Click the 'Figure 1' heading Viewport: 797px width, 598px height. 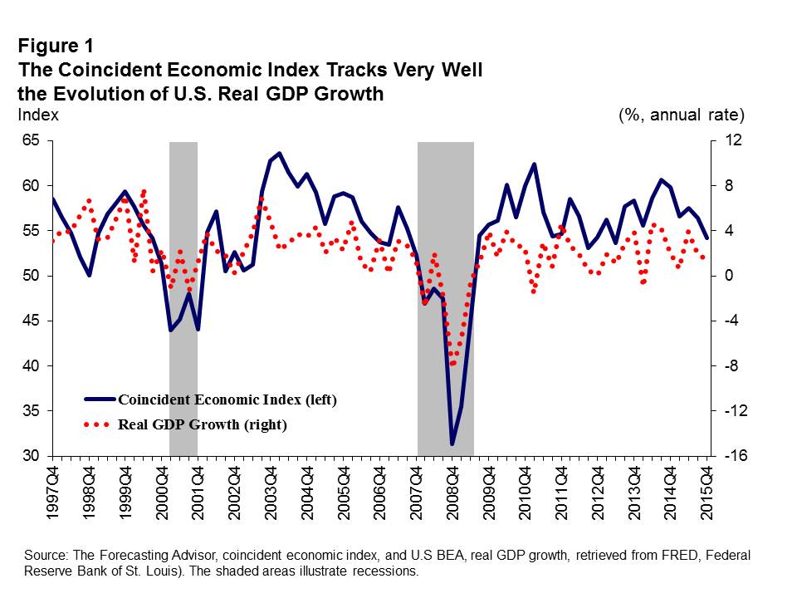(56, 46)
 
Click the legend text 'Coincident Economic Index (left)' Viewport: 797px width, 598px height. (227, 399)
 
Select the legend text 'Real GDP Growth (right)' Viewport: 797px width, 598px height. (203, 424)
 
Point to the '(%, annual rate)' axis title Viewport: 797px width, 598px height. (682, 115)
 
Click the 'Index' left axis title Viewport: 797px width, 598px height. (38, 115)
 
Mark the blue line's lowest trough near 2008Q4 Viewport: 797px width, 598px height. (452, 444)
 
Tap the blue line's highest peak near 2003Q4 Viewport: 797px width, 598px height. (279, 154)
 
